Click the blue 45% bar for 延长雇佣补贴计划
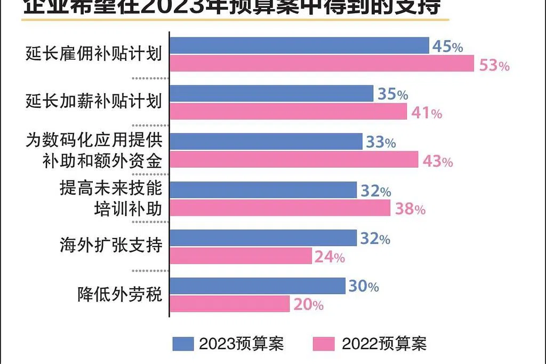pyautogui.click(x=299, y=45)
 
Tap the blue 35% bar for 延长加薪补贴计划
pyautogui.click(x=271, y=93)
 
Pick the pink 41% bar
pyautogui.click(x=288, y=112)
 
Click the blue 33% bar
pyautogui.click(x=266, y=141)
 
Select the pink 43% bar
pyautogui.click(x=294, y=160)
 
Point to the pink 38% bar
pyautogui.click(x=280, y=208)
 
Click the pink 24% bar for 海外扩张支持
pyautogui.click(x=240, y=256)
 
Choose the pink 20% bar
pyautogui.click(x=229, y=304)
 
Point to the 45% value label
pyautogui.click(x=447, y=47)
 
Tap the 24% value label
pyautogui.click(x=330, y=258)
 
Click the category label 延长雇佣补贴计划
pyautogui.click(x=93, y=54)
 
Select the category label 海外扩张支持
pyautogui.click(x=110, y=246)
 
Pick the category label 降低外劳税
pyautogui.click(x=119, y=295)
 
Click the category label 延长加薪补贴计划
pyautogui.click(x=93, y=101)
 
